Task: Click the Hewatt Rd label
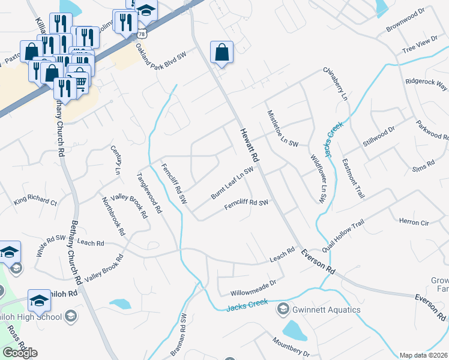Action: [x=250, y=145]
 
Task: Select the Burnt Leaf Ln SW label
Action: [x=232, y=184]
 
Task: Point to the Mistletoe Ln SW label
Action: [x=282, y=128]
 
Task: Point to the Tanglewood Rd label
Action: [x=149, y=193]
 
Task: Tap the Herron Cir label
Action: [x=414, y=222]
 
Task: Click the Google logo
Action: [x=20, y=353]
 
